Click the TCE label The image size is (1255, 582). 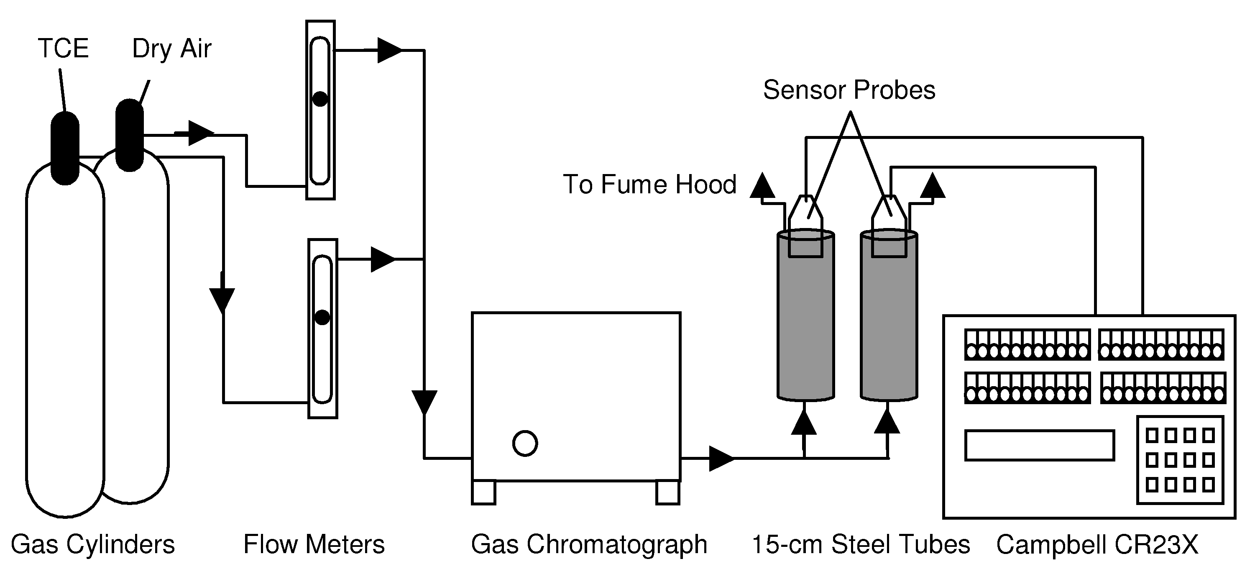click(63, 48)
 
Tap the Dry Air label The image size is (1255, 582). click(171, 49)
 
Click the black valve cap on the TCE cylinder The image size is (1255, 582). click(65, 148)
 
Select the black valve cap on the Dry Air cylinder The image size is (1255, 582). click(130, 135)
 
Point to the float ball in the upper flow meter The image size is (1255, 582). click(320, 99)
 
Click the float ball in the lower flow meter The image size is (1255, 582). click(322, 317)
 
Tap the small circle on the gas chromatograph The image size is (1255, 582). click(525, 443)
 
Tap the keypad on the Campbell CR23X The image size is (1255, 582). click(1180, 460)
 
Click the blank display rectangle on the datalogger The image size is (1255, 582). click(1039, 445)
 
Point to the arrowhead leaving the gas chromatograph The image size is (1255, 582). click(721, 458)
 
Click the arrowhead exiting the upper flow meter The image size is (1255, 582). click(389, 50)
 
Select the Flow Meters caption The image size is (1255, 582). click(314, 544)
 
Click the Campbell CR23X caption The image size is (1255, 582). click(1097, 544)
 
